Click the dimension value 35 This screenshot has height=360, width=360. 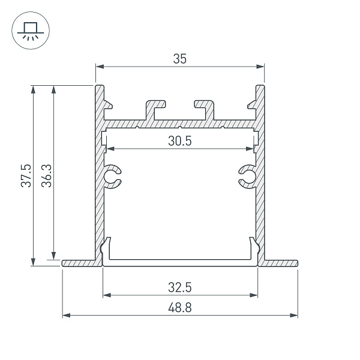point(180,59)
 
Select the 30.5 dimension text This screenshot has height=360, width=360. point(180,141)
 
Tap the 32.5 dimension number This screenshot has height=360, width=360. point(180,287)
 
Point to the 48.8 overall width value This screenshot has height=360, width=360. point(180,307)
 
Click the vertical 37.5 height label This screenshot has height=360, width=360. point(26,176)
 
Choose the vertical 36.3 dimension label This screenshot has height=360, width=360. point(46,176)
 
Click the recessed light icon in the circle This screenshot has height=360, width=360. point(31,31)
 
